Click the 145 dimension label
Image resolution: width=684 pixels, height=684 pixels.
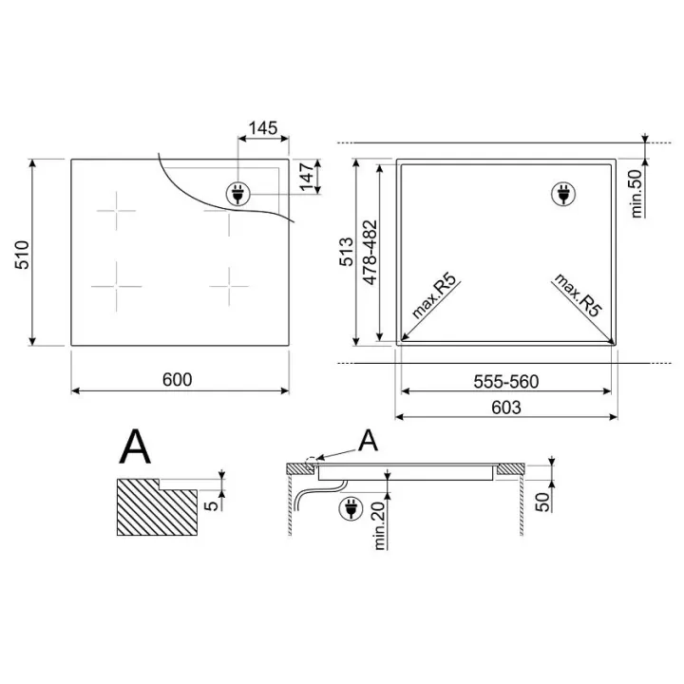[263, 128]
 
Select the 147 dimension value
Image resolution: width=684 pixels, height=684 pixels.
[308, 177]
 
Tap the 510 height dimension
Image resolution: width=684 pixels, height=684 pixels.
[22, 255]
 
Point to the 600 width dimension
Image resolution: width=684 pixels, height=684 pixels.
[177, 379]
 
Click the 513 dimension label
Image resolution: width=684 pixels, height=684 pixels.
[347, 252]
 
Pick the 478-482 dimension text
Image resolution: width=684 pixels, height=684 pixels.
[370, 253]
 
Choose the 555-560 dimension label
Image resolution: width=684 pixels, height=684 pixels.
[506, 382]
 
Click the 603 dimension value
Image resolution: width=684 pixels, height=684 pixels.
[506, 408]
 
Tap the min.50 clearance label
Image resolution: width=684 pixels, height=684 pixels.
[636, 194]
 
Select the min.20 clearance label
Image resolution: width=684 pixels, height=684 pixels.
[379, 525]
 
